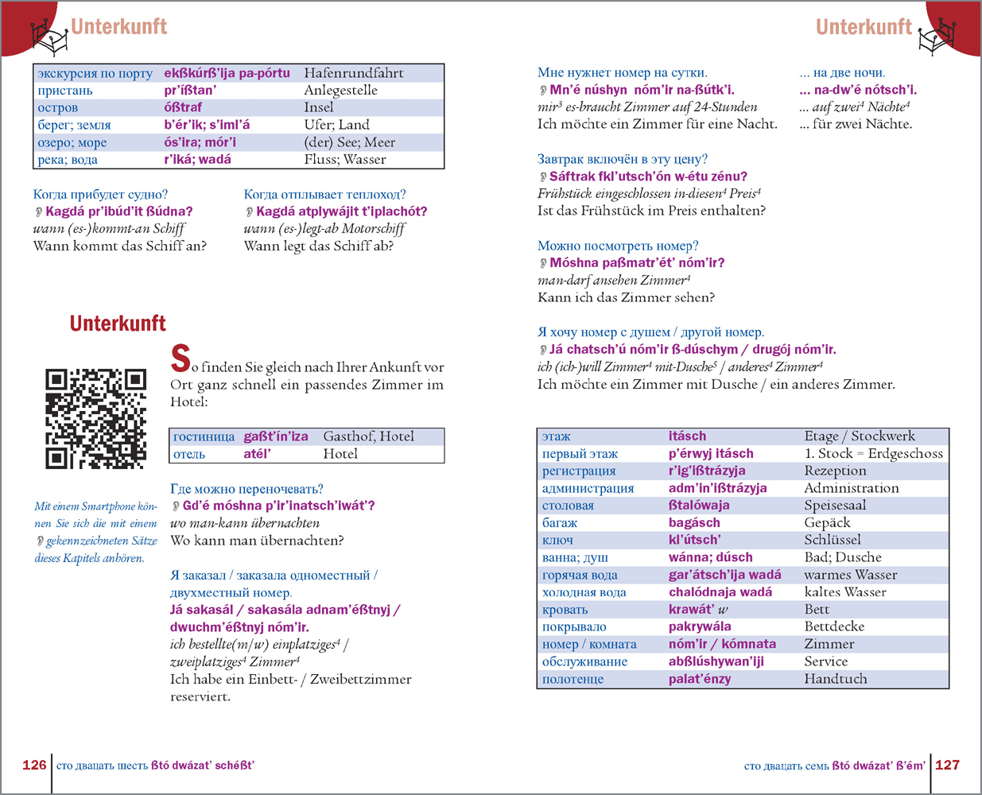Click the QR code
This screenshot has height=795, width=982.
96,419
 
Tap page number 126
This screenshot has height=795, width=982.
34,765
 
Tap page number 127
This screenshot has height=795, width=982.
947,765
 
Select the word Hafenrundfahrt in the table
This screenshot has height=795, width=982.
354,73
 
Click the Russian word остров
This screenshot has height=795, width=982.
58,107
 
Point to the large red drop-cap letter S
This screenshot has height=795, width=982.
180,359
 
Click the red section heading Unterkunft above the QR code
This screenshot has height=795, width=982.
118,324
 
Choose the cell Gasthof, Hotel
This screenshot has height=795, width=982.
368,436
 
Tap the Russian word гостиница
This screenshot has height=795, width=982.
204,436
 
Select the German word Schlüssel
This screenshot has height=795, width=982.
833,540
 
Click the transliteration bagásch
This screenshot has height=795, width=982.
694,522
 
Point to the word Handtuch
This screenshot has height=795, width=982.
836,679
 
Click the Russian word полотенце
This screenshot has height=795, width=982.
573,679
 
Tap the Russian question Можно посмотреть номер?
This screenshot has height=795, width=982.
618,246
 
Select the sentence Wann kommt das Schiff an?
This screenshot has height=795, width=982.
120,246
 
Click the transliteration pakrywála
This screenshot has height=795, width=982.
700,626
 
